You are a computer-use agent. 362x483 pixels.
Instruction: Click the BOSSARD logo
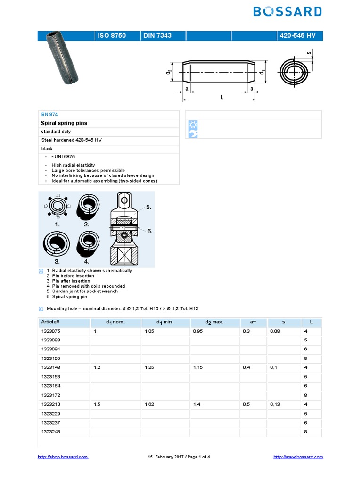coord(288,11)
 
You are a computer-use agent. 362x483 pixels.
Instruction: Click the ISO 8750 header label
coord(112,35)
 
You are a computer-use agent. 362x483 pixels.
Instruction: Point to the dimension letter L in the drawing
coord(221,97)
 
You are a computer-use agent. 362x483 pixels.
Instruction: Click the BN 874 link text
coord(49,115)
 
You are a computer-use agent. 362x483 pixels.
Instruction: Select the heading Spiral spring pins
coord(64,123)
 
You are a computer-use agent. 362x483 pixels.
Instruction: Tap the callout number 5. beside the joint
coord(149,207)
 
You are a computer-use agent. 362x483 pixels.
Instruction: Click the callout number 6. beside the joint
coord(149,231)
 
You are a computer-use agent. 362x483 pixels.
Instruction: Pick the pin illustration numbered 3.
coord(57,245)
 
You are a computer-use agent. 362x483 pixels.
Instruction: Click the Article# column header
coord(50,322)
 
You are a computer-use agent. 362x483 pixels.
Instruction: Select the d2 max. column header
coord(214,322)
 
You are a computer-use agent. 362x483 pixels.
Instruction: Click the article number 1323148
coord(51,367)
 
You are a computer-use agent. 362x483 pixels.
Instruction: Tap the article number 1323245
coord(51,432)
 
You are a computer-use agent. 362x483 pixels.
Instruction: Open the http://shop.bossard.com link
coord(63,457)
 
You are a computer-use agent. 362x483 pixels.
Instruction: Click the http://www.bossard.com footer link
coord(298,457)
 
